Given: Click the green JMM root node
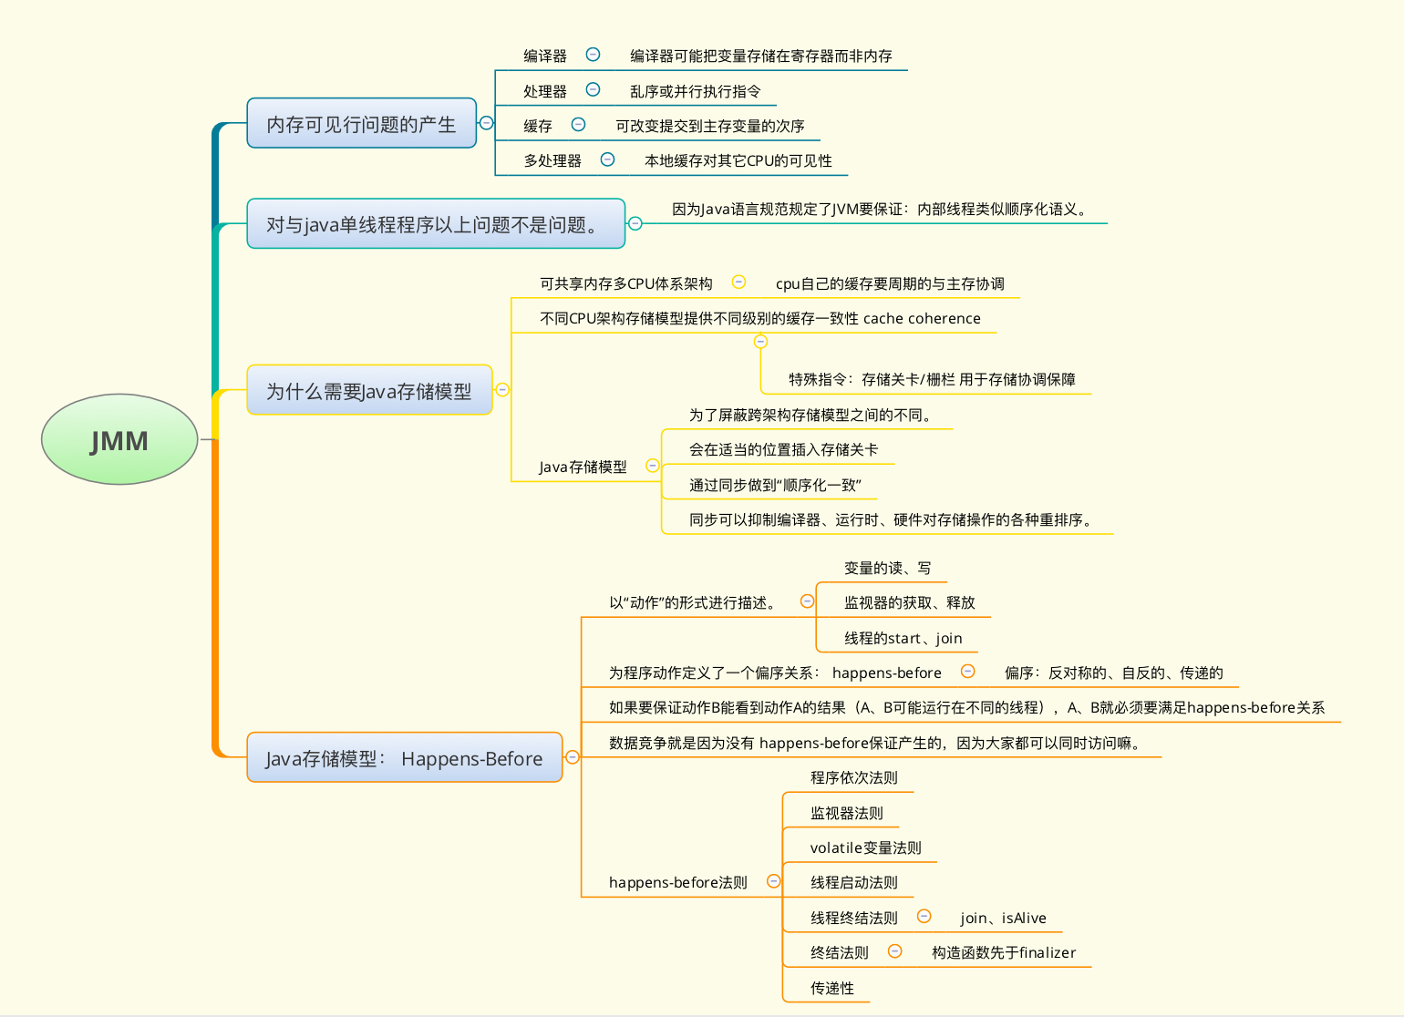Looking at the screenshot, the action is (119, 439).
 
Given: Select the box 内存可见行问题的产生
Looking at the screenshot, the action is (362, 123).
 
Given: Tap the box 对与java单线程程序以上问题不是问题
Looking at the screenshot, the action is (436, 223).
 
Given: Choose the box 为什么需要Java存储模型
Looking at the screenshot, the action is (370, 390).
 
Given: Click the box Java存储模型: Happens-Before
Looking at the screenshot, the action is (404, 757).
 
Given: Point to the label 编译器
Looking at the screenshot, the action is (545, 56).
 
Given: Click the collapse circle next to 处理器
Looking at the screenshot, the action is (593, 89).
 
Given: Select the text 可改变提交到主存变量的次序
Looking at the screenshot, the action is (710, 126).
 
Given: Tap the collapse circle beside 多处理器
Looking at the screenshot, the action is (607, 159).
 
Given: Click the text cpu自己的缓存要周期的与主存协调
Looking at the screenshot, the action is (890, 283).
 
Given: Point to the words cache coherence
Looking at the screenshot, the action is (922, 318).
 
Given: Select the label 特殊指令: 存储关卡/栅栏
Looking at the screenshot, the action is (872, 379).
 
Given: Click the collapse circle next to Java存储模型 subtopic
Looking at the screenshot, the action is (653, 465).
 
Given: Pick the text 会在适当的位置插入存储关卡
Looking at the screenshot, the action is (783, 449).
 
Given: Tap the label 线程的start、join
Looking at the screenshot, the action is (903, 638).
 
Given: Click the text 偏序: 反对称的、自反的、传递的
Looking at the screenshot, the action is (1114, 673).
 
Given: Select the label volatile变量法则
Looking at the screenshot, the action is (865, 847).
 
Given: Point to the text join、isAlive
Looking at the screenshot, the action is (1003, 918).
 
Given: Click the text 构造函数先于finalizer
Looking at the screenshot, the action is (1004, 952).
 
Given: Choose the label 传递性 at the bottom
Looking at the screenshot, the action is (832, 988).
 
